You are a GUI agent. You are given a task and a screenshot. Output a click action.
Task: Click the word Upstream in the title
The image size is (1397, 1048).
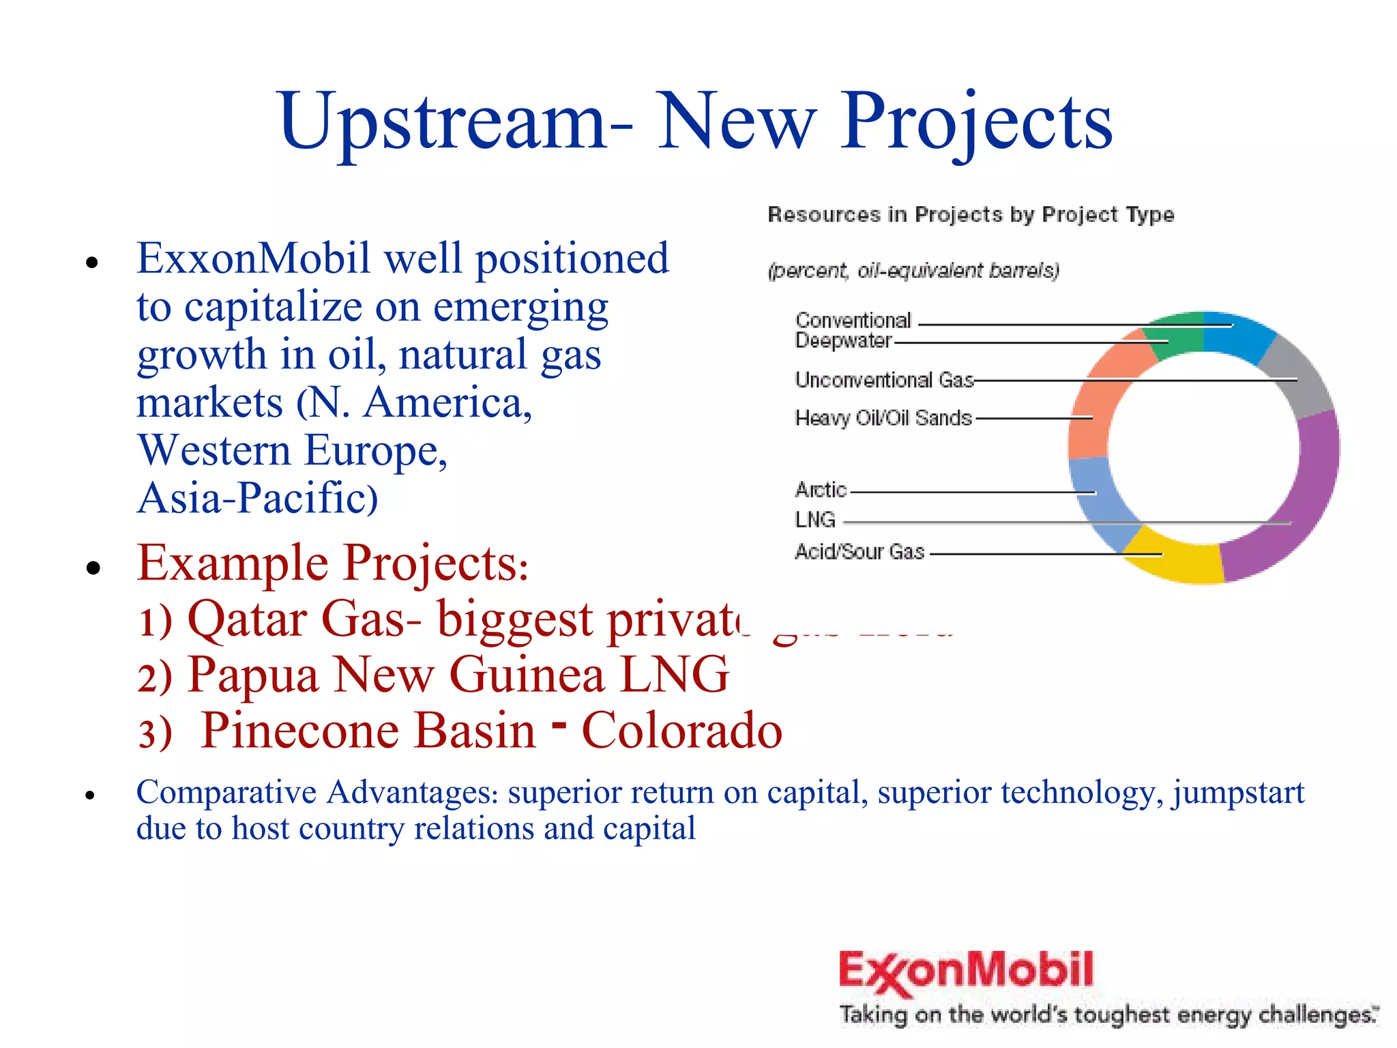(443, 123)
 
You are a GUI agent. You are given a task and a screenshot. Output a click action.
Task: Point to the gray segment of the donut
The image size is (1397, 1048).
(1296, 375)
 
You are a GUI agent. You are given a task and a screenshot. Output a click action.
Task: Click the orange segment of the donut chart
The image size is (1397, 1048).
(1098, 403)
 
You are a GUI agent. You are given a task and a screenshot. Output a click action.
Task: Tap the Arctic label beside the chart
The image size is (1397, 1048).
(821, 490)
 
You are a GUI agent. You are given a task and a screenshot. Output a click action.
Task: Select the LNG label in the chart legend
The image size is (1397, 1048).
(814, 520)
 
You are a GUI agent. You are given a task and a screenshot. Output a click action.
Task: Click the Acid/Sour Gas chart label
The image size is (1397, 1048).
(859, 551)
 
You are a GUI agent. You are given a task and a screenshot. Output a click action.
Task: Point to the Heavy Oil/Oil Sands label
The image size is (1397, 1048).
(883, 418)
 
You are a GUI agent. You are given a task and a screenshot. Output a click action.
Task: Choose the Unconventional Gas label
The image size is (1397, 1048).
(884, 379)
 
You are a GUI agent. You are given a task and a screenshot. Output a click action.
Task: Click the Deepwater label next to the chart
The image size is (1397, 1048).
(843, 340)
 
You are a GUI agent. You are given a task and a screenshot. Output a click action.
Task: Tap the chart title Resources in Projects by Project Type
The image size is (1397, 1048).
(971, 215)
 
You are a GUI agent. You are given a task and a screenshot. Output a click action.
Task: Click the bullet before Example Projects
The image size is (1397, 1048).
(93, 568)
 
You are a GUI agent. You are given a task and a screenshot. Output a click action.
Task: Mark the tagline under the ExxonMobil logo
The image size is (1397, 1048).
(1108, 1015)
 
